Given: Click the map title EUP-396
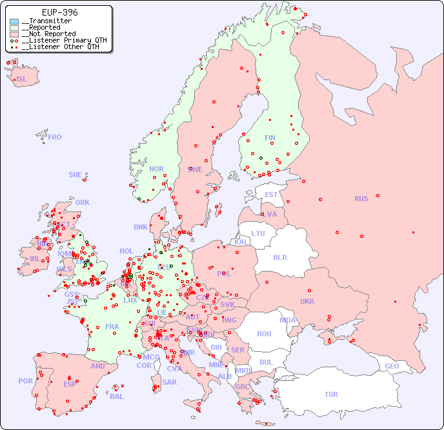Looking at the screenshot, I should pyautogui.click(x=59, y=12).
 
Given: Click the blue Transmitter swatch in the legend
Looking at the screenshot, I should pyautogui.click(x=14, y=21).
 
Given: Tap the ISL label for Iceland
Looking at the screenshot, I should pyautogui.click(x=22, y=80).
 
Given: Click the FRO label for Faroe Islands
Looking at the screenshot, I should pyautogui.click(x=55, y=137).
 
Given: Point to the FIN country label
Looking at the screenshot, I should pyautogui.click(x=270, y=138).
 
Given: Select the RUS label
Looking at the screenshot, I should pyautogui.click(x=361, y=199).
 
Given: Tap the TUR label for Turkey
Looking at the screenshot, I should pyautogui.click(x=331, y=394).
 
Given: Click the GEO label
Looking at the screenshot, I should pyautogui.click(x=392, y=366).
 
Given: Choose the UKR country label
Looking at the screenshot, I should pyautogui.click(x=307, y=301).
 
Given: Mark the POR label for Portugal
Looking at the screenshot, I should pyautogui.click(x=25, y=381).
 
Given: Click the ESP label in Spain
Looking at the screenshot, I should pyautogui.click(x=70, y=383).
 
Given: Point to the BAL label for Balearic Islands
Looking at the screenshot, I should pyautogui.click(x=117, y=396).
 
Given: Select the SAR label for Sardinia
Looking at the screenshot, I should pyautogui.click(x=170, y=382).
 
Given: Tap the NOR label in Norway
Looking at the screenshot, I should pyautogui.click(x=157, y=169).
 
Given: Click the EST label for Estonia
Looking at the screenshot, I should pyautogui.click(x=271, y=195).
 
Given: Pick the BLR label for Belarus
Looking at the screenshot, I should pyautogui.click(x=279, y=257).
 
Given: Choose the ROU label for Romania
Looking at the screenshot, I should pyautogui.click(x=264, y=334).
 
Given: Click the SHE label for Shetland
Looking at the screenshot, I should pyautogui.click(x=76, y=175).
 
